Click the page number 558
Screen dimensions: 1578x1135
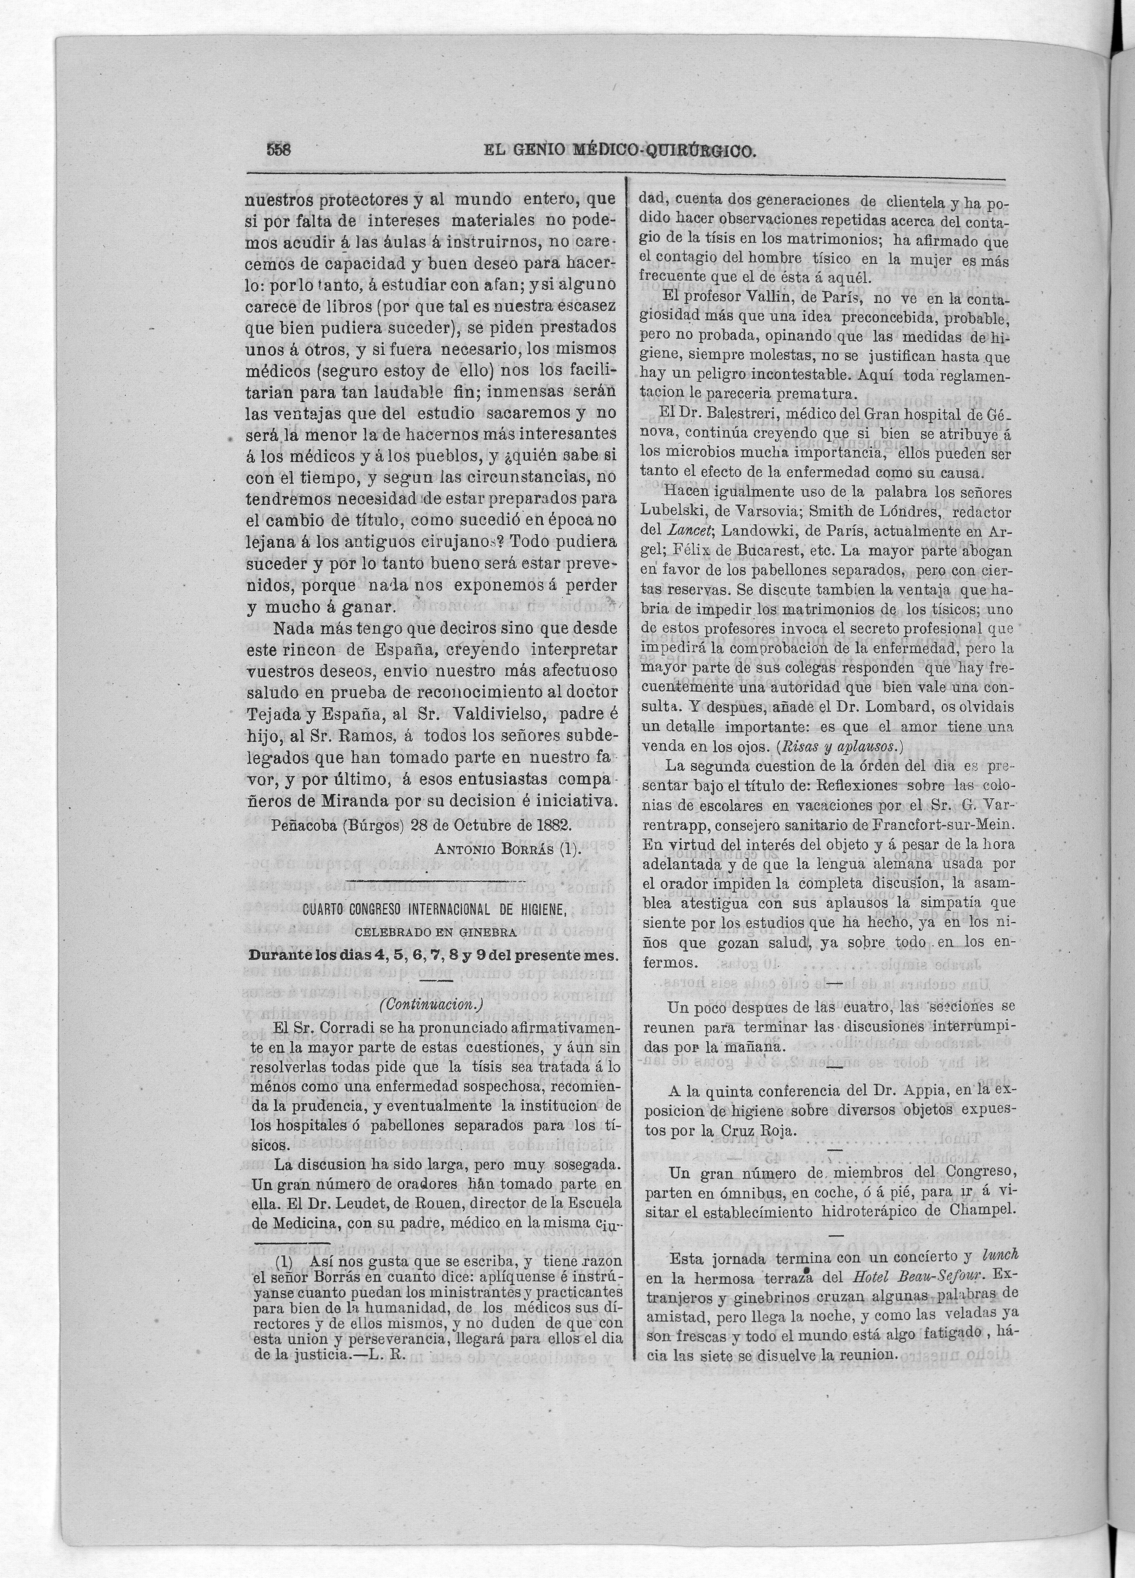279,150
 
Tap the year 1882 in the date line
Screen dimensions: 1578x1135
551,825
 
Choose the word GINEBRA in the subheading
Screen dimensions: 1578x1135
491,932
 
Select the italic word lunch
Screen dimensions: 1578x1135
1000,1255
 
